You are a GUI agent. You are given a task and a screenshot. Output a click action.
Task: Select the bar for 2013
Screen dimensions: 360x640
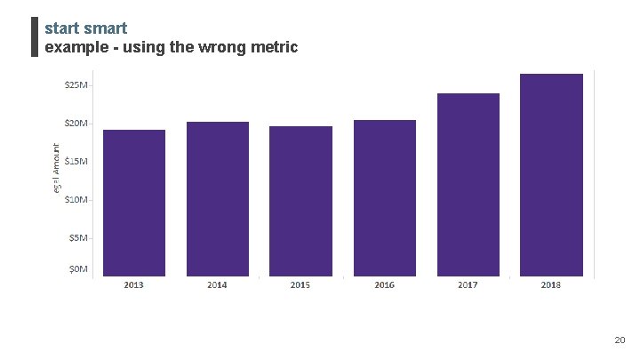coord(134,203)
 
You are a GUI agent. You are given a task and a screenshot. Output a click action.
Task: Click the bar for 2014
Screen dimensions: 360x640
coord(218,199)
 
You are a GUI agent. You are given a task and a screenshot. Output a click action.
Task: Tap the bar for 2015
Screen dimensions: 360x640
coord(300,201)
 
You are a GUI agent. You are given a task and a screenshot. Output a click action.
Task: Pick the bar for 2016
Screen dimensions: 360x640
coord(385,198)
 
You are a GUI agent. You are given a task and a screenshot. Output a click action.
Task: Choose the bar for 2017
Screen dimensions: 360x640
coord(468,185)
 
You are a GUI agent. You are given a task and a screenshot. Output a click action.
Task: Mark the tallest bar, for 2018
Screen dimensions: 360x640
coord(551,175)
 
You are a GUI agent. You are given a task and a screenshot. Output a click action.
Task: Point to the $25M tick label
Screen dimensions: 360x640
coord(76,85)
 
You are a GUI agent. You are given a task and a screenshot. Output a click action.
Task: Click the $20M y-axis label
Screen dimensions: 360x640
coord(76,124)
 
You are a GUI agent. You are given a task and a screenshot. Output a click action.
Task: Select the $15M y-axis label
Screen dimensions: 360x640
coord(76,161)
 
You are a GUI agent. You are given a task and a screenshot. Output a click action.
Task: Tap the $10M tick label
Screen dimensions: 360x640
coord(76,199)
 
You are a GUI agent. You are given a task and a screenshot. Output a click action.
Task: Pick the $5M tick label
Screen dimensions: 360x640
coord(78,237)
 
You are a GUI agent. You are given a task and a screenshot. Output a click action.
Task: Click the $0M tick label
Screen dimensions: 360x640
coord(78,268)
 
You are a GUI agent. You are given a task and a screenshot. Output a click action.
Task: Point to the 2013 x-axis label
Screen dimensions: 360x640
coord(134,285)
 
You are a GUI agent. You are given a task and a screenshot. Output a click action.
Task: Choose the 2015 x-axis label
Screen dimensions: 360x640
coord(300,285)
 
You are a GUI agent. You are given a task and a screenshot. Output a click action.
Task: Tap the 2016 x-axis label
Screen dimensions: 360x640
coord(385,285)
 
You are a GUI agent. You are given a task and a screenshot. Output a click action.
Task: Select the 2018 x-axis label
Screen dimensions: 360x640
coord(551,285)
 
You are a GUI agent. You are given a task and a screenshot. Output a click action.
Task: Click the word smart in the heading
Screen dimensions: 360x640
coord(106,28)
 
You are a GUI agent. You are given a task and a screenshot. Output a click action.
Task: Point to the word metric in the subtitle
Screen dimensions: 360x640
coord(274,46)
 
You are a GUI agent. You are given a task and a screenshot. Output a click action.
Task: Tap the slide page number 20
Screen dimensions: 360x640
coord(620,340)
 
